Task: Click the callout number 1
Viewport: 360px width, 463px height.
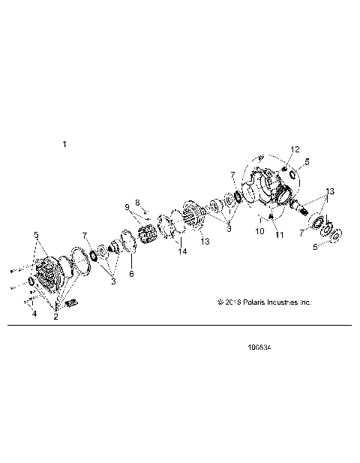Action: click(x=64, y=143)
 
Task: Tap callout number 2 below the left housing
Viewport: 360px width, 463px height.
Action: click(x=55, y=317)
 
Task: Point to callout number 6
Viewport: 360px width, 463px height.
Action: click(x=132, y=275)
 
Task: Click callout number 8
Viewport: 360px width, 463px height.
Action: click(x=137, y=203)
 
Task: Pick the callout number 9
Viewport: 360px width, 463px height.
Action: click(x=127, y=208)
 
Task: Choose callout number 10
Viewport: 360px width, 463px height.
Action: click(x=259, y=232)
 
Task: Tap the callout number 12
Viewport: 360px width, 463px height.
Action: click(x=295, y=149)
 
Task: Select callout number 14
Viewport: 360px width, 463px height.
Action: click(x=181, y=251)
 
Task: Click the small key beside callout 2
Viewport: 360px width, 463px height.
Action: click(x=73, y=302)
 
